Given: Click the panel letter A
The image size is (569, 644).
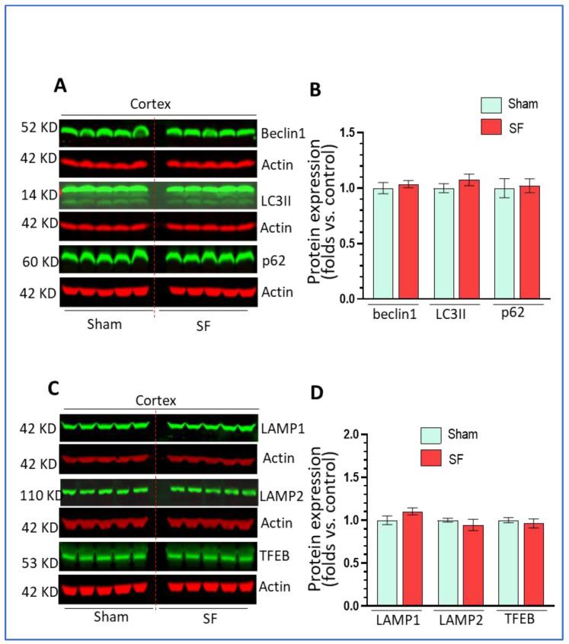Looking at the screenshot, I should (61, 86).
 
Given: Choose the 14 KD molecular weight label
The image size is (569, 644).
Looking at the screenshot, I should (37, 195).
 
